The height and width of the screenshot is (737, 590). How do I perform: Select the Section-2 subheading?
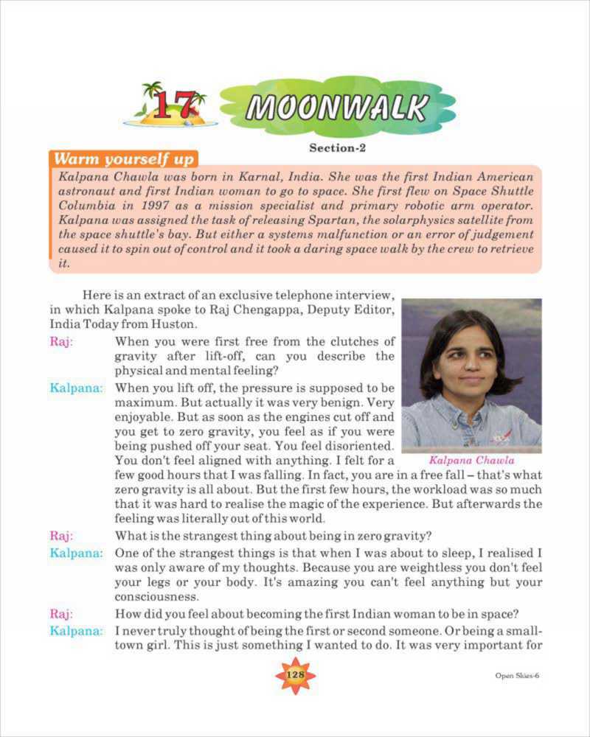(337, 148)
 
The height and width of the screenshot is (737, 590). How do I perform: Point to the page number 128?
(295, 675)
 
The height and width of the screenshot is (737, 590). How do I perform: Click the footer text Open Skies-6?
(517, 676)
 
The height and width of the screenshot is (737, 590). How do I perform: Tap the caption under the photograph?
(471, 461)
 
